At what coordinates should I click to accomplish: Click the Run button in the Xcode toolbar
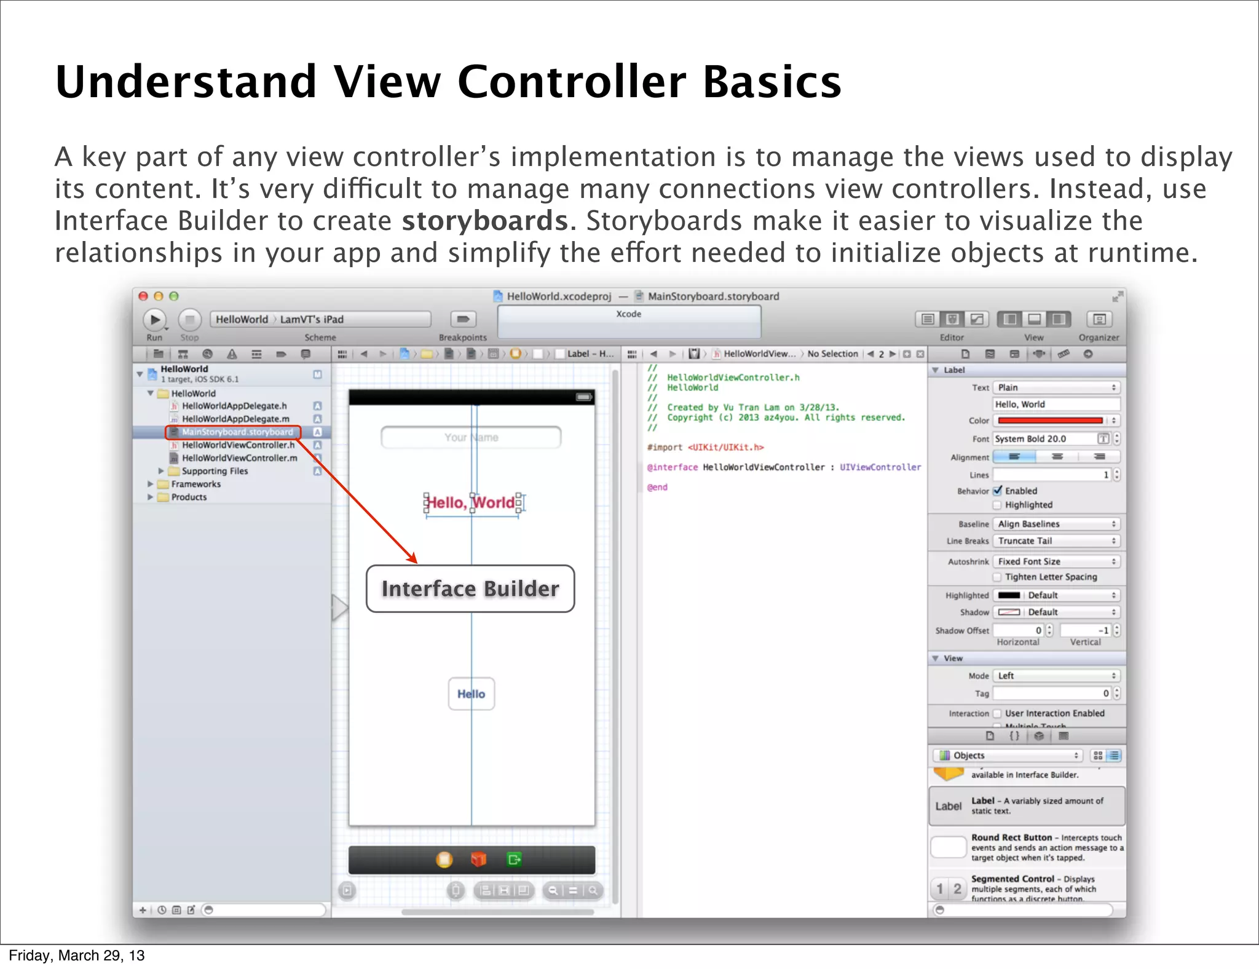click(x=155, y=320)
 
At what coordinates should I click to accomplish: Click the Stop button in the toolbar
click(x=190, y=320)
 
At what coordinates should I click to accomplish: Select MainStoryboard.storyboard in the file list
click(x=237, y=432)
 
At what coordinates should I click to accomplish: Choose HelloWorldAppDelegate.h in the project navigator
click(x=234, y=406)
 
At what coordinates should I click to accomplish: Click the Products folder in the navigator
click(x=189, y=497)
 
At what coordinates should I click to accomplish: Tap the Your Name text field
click(x=471, y=437)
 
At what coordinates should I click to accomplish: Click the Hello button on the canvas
click(x=471, y=694)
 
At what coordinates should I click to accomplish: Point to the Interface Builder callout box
click(x=470, y=588)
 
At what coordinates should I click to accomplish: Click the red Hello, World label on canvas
click(x=471, y=503)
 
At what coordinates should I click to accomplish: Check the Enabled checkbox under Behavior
click(x=998, y=491)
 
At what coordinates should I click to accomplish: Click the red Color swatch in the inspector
click(x=1050, y=421)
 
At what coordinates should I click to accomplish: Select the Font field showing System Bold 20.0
click(x=1045, y=438)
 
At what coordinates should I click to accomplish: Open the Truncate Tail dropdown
click(x=1056, y=541)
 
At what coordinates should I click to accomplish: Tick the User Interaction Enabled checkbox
click(x=998, y=713)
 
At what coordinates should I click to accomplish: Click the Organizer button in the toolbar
click(x=1099, y=320)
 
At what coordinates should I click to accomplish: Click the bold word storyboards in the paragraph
click(x=485, y=221)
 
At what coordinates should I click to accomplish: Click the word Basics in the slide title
click(x=772, y=82)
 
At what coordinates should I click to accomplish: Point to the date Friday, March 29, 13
click(x=77, y=955)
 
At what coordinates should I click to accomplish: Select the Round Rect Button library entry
click(x=1027, y=847)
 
